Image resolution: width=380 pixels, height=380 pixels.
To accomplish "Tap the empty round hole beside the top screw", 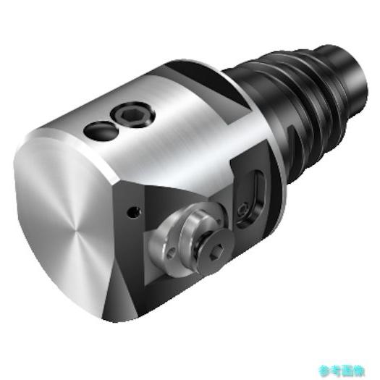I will [x=98, y=131].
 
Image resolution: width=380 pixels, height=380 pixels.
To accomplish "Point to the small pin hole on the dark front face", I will [x=132, y=211].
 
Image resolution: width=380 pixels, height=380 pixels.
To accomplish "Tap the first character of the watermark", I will [x=324, y=368].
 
